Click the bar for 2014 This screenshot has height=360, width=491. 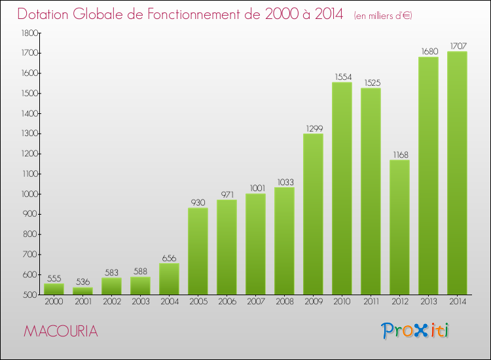coord(457,173)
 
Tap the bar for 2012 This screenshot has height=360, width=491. coord(399,227)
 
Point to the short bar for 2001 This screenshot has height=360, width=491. coord(82,291)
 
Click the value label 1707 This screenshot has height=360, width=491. coord(457,46)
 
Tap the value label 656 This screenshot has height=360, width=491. coord(169,258)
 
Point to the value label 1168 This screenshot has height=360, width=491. coord(399,154)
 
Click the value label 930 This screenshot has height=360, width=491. coord(198,202)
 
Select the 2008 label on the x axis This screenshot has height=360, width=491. coord(284,302)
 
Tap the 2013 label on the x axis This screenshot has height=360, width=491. coord(428,302)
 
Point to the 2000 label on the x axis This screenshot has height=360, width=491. coord(54,302)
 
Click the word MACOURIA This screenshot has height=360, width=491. coord(61,332)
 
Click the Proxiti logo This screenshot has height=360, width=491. coord(416,331)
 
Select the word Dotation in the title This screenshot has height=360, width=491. coord(46,14)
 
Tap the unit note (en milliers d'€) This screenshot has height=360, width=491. coord(383,16)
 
